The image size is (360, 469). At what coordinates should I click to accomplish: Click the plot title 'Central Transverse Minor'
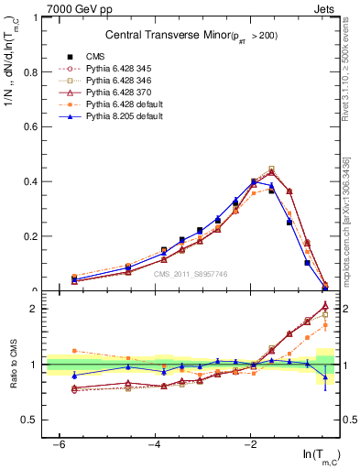click(x=188, y=35)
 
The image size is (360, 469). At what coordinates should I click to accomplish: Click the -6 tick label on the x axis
click(x=59, y=444)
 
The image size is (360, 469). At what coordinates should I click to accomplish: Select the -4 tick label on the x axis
click(x=155, y=444)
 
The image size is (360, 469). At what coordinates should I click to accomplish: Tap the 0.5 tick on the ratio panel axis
click(x=30, y=420)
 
